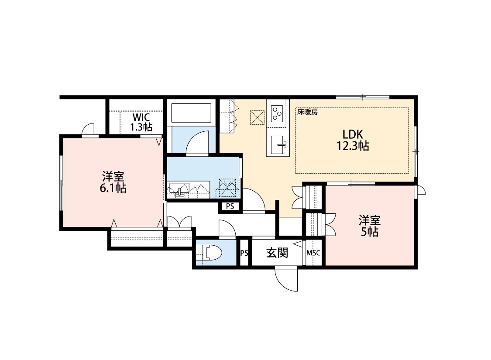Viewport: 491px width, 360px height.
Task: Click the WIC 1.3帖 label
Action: [x=141, y=122]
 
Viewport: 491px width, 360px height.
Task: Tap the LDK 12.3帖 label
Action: [x=353, y=140]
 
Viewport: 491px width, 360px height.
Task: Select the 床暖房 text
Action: [x=308, y=112]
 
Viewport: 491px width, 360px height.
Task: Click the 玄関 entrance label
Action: [x=277, y=253]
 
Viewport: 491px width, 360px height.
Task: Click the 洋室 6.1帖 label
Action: [x=113, y=182]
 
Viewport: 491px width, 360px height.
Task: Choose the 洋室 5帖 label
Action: [x=370, y=226]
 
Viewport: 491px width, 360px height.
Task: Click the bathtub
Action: [x=191, y=113]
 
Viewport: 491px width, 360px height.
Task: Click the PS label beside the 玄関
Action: [x=244, y=253]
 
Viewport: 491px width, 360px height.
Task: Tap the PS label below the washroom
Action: [x=230, y=206]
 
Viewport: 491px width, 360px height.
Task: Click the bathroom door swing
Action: [x=197, y=142]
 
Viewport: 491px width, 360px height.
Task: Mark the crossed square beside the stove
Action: [x=257, y=118]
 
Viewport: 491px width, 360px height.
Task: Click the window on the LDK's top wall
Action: [x=363, y=97]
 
